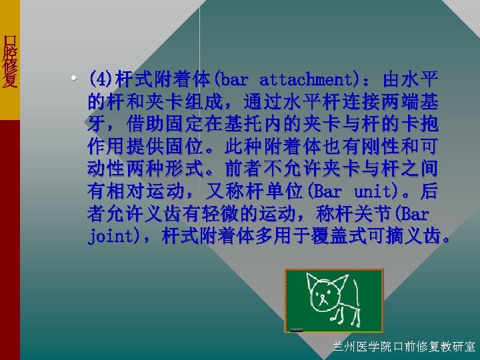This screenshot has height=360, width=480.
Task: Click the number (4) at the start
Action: tap(101, 81)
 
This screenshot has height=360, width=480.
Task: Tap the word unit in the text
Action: tap(371, 193)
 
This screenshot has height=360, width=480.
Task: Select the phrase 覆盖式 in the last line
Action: tap(351, 237)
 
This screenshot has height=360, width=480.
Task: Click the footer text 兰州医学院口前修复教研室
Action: tap(404, 347)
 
